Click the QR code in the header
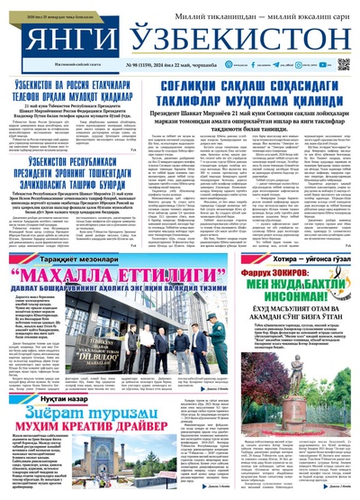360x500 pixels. click(x=343, y=64)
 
